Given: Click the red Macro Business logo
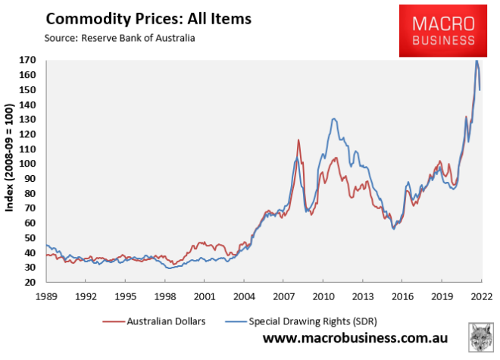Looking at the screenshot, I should [443, 30].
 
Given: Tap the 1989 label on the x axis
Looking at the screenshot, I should [46, 296].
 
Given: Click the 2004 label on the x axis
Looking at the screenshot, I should [243, 296].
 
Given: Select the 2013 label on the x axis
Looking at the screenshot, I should [362, 296].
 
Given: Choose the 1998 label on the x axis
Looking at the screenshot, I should [164, 296].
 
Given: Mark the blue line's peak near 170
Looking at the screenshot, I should [477, 61].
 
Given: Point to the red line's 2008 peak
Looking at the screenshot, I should [298, 139].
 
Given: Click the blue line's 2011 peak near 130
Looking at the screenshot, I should [333, 119].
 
